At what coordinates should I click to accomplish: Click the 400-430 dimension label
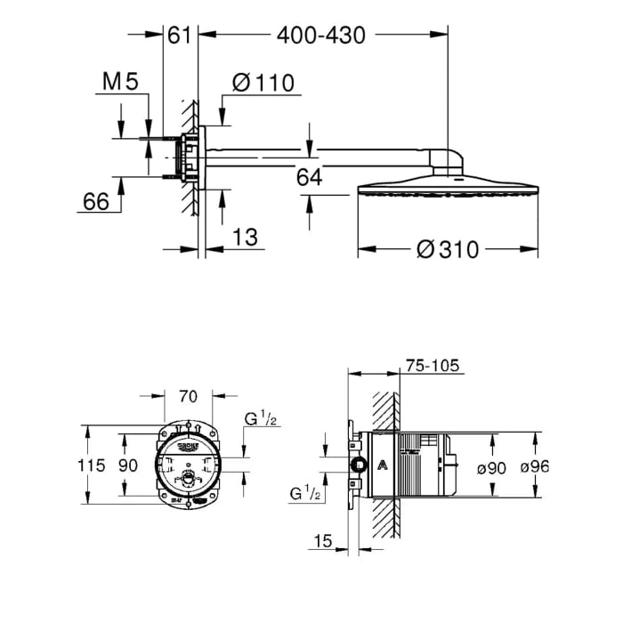point(321,36)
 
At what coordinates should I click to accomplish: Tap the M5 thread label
point(121,83)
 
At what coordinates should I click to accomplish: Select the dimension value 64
point(309,177)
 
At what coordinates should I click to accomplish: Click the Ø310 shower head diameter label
point(448,250)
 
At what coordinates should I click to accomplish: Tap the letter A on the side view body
point(382,464)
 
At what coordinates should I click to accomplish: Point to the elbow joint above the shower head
point(448,164)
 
